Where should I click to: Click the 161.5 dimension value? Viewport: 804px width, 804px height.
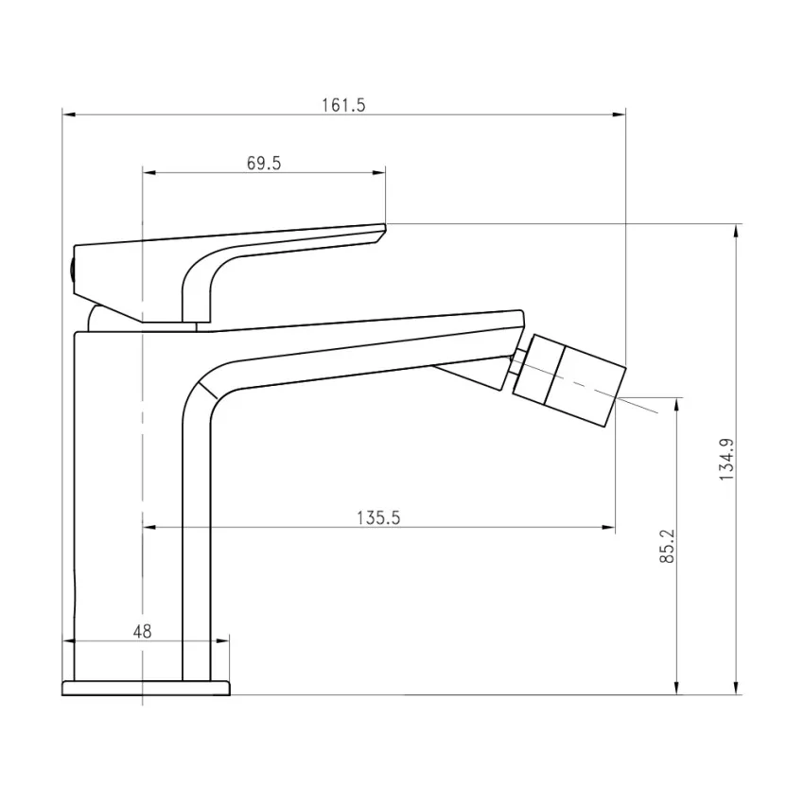coord(342,105)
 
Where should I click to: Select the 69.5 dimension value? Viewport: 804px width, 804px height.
coord(264,163)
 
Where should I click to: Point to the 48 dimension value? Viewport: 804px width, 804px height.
coord(142,631)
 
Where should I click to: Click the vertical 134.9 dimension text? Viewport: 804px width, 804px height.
coord(726,459)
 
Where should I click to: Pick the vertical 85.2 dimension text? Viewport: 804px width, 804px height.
coord(667,546)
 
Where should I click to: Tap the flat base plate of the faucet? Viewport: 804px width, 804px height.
coord(146,687)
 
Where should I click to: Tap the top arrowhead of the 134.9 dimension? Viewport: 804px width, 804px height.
coord(737,230)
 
